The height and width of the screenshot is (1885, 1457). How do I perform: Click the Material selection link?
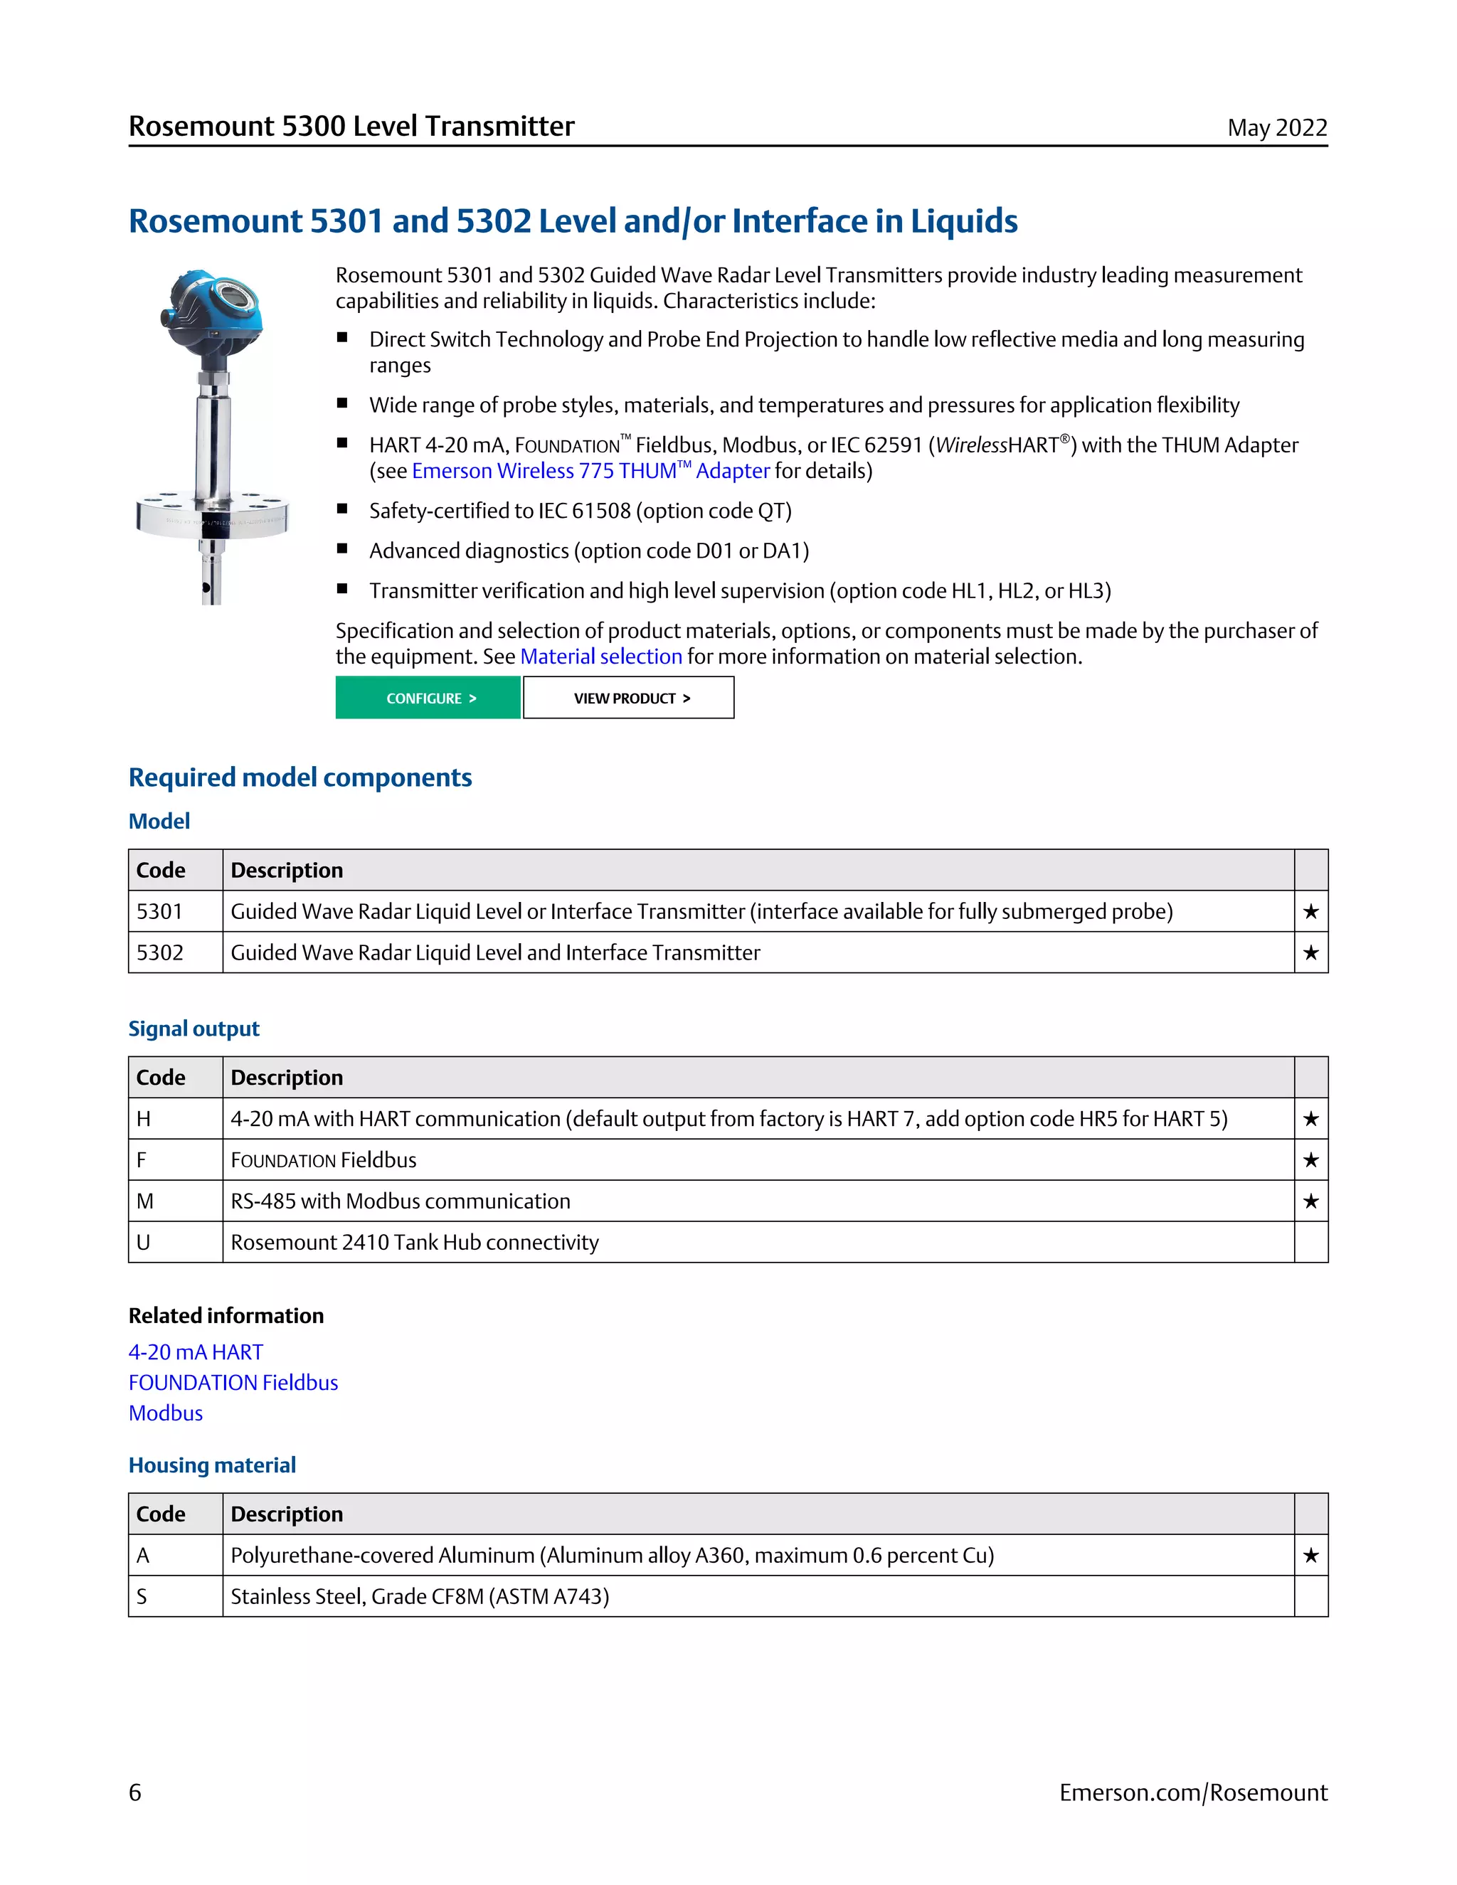click(x=600, y=656)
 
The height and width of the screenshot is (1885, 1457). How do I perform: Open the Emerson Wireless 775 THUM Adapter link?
click(x=590, y=470)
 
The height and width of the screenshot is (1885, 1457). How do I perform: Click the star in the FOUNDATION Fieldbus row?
click(x=1310, y=1160)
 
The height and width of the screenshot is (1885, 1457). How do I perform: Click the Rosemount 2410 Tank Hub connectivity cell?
click(x=414, y=1242)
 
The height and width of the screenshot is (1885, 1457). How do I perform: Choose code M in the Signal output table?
click(x=145, y=1201)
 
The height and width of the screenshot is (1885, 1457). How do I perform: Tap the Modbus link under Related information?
click(x=166, y=1413)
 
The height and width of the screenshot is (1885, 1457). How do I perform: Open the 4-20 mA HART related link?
click(x=196, y=1352)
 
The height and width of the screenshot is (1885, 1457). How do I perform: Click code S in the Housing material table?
click(x=142, y=1596)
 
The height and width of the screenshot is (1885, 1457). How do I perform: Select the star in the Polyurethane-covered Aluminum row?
click(x=1310, y=1555)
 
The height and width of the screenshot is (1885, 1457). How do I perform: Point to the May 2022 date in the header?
click(x=1276, y=128)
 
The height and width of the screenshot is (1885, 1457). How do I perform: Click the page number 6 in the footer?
click(x=135, y=1793)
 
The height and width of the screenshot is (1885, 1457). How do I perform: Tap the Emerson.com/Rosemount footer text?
click(x=1193, y=1793)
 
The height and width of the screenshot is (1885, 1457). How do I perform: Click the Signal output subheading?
click(x=194, y=1028)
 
